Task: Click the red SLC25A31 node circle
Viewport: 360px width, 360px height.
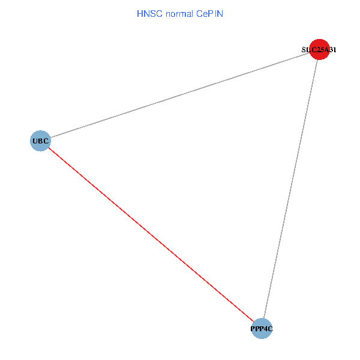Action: point(319,50)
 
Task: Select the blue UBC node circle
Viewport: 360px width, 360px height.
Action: point(40,141)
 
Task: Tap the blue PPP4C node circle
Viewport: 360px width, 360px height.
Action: point(262,328)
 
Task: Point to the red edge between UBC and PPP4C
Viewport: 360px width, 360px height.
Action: point(151,235)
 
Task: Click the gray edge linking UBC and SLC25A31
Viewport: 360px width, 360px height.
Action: point(180,95)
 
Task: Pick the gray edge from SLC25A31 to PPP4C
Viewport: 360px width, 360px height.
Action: point(290,189)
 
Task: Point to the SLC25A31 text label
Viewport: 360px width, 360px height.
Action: point(319,50)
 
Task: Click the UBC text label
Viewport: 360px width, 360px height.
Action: point(40,142)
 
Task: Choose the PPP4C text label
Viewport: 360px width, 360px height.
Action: point(262,329)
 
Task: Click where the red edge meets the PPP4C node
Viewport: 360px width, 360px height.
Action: point(254,322)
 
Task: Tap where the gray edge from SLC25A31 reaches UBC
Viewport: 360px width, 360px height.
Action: point(50,138)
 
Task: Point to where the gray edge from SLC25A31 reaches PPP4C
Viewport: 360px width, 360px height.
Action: point(264,319)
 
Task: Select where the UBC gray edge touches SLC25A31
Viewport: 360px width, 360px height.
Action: point(310,53)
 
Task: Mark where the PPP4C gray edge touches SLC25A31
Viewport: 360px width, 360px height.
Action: point(317,60)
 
